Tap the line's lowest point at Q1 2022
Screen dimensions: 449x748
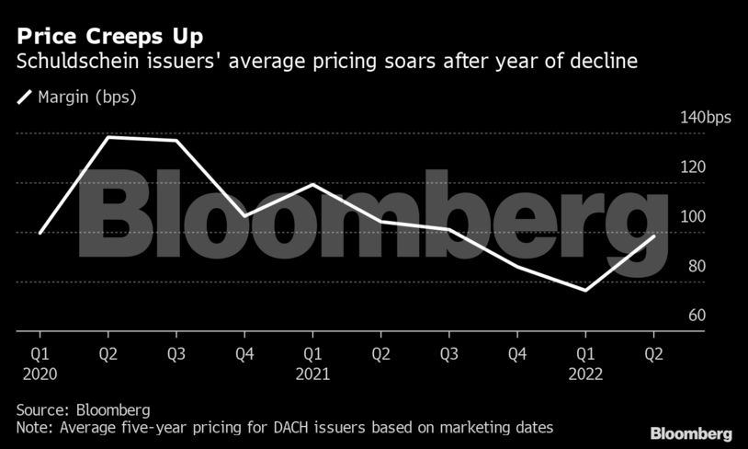click(x=585, y=291)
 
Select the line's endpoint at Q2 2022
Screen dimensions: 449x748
click(x=654, y=236)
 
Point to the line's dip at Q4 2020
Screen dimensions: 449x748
click(x=244, y=216)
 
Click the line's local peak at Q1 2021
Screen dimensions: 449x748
click(x=313, y=185)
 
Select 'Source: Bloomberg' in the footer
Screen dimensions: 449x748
click(x=83, y=409)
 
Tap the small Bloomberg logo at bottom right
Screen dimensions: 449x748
click(x=691, y=432)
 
